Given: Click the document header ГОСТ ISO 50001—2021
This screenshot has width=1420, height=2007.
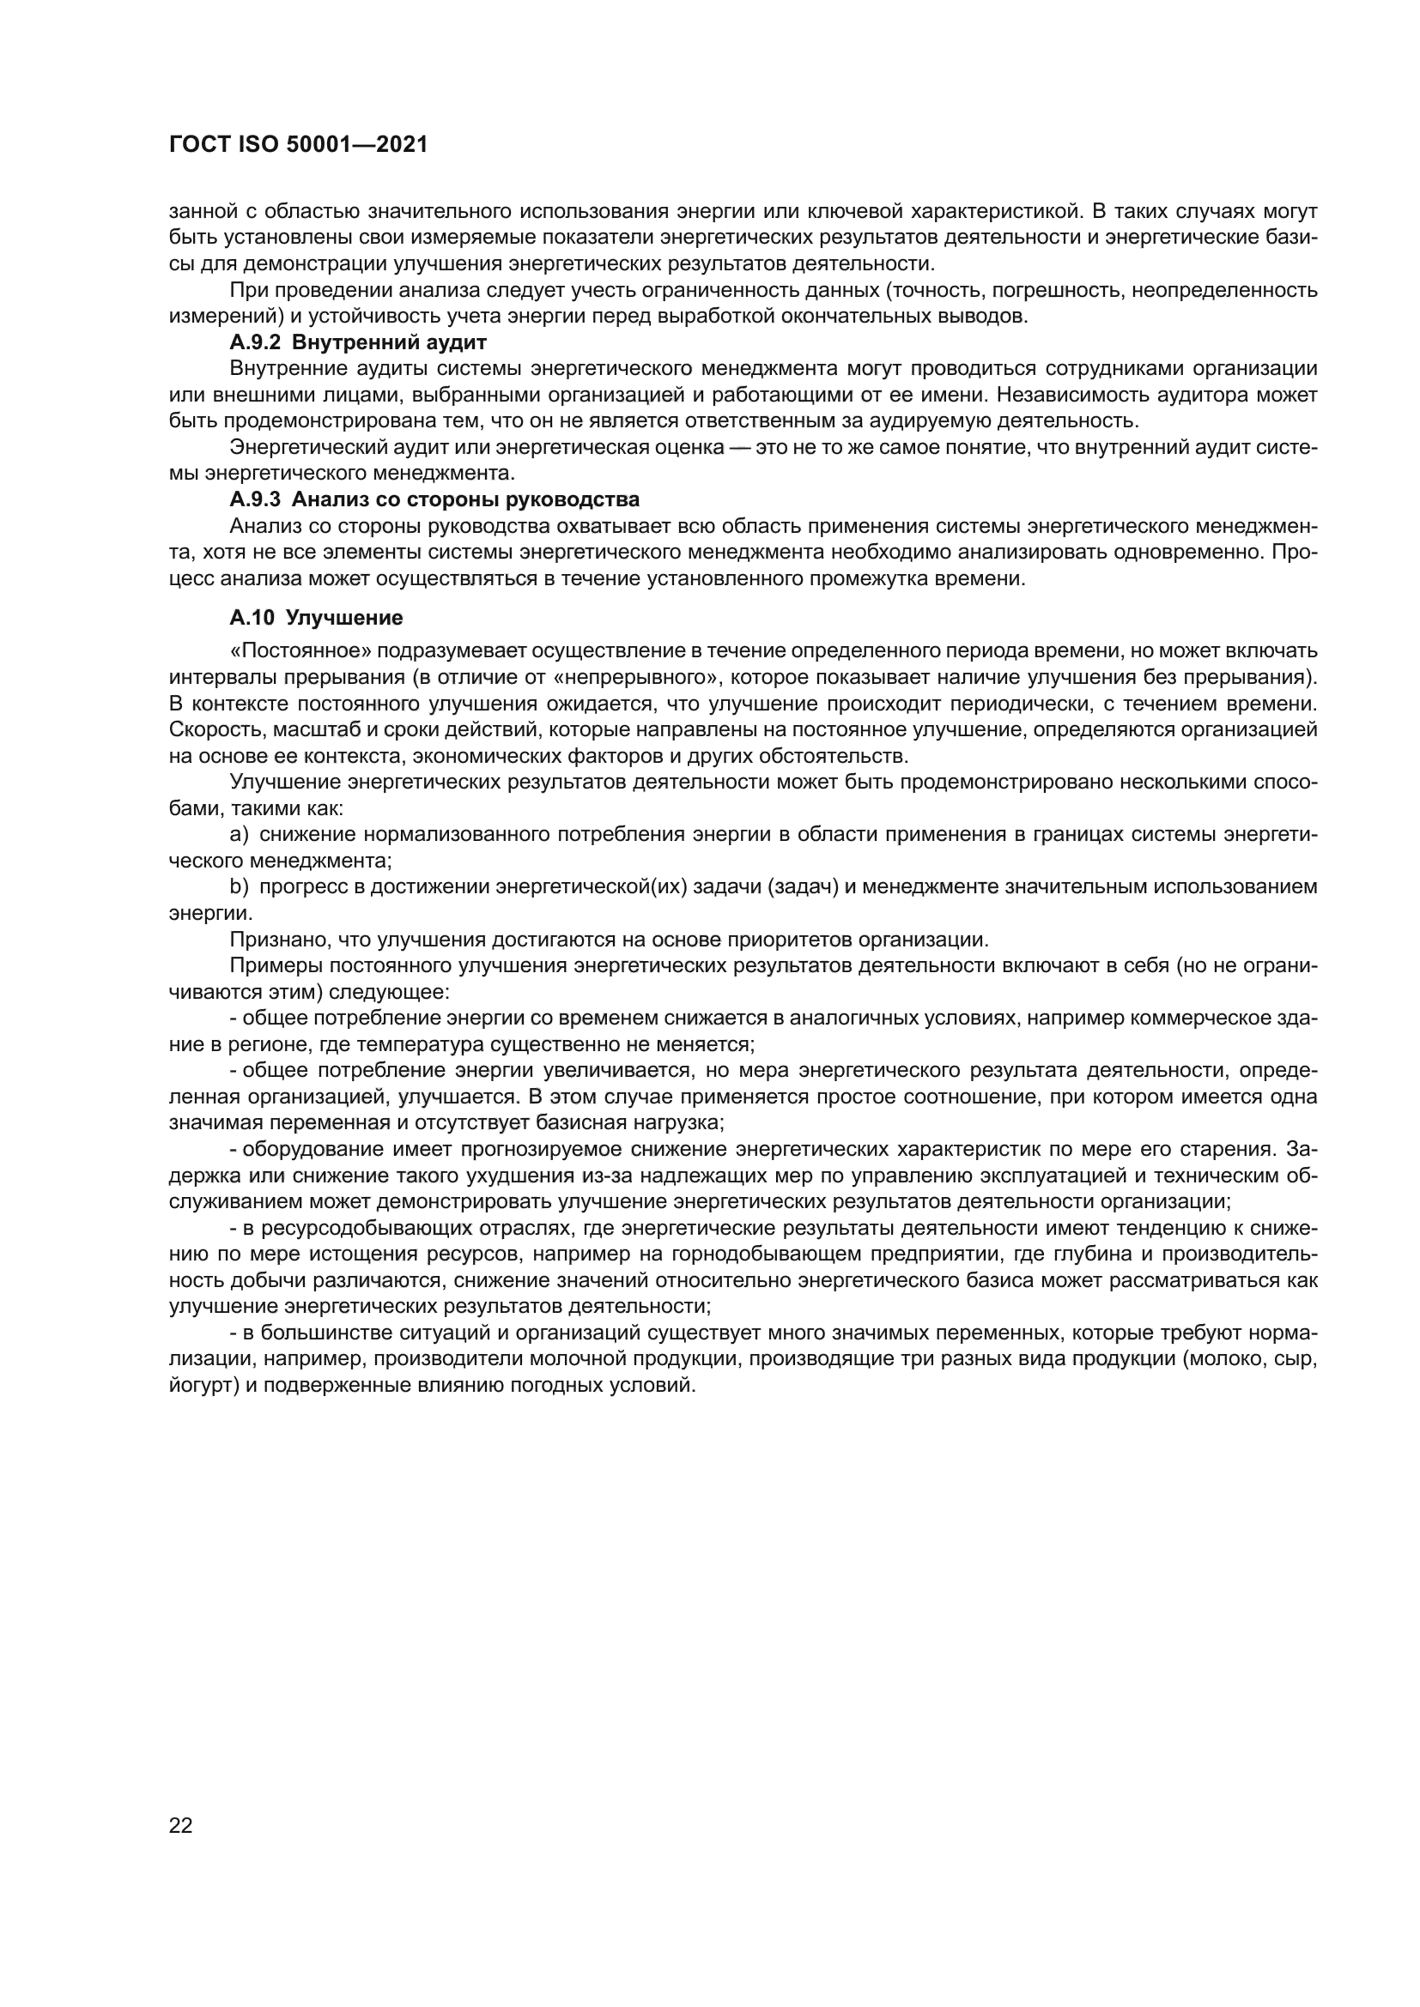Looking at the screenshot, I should [298, 145].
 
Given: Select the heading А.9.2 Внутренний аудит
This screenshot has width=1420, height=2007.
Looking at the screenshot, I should [358, 342].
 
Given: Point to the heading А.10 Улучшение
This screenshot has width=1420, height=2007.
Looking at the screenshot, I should [316, 618].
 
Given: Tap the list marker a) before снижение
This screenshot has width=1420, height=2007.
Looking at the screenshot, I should [239, 835].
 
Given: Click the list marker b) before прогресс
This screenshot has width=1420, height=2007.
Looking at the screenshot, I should [239, 887].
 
